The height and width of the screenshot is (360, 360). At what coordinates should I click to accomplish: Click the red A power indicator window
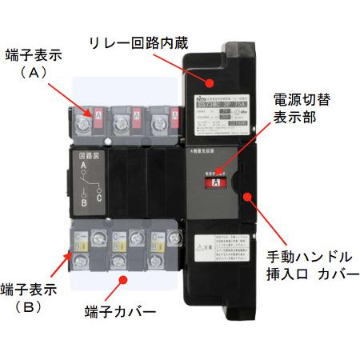pyautogui.click(x=214, y=182)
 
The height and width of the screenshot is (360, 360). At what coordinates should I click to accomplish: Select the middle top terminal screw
pyautogui.click(x=122, y=123)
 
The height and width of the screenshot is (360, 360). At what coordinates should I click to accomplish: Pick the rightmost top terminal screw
pyautogui.click(x=158, y=123)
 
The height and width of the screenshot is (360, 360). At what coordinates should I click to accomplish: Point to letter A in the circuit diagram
pyautogui.click(x=82, y=167)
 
